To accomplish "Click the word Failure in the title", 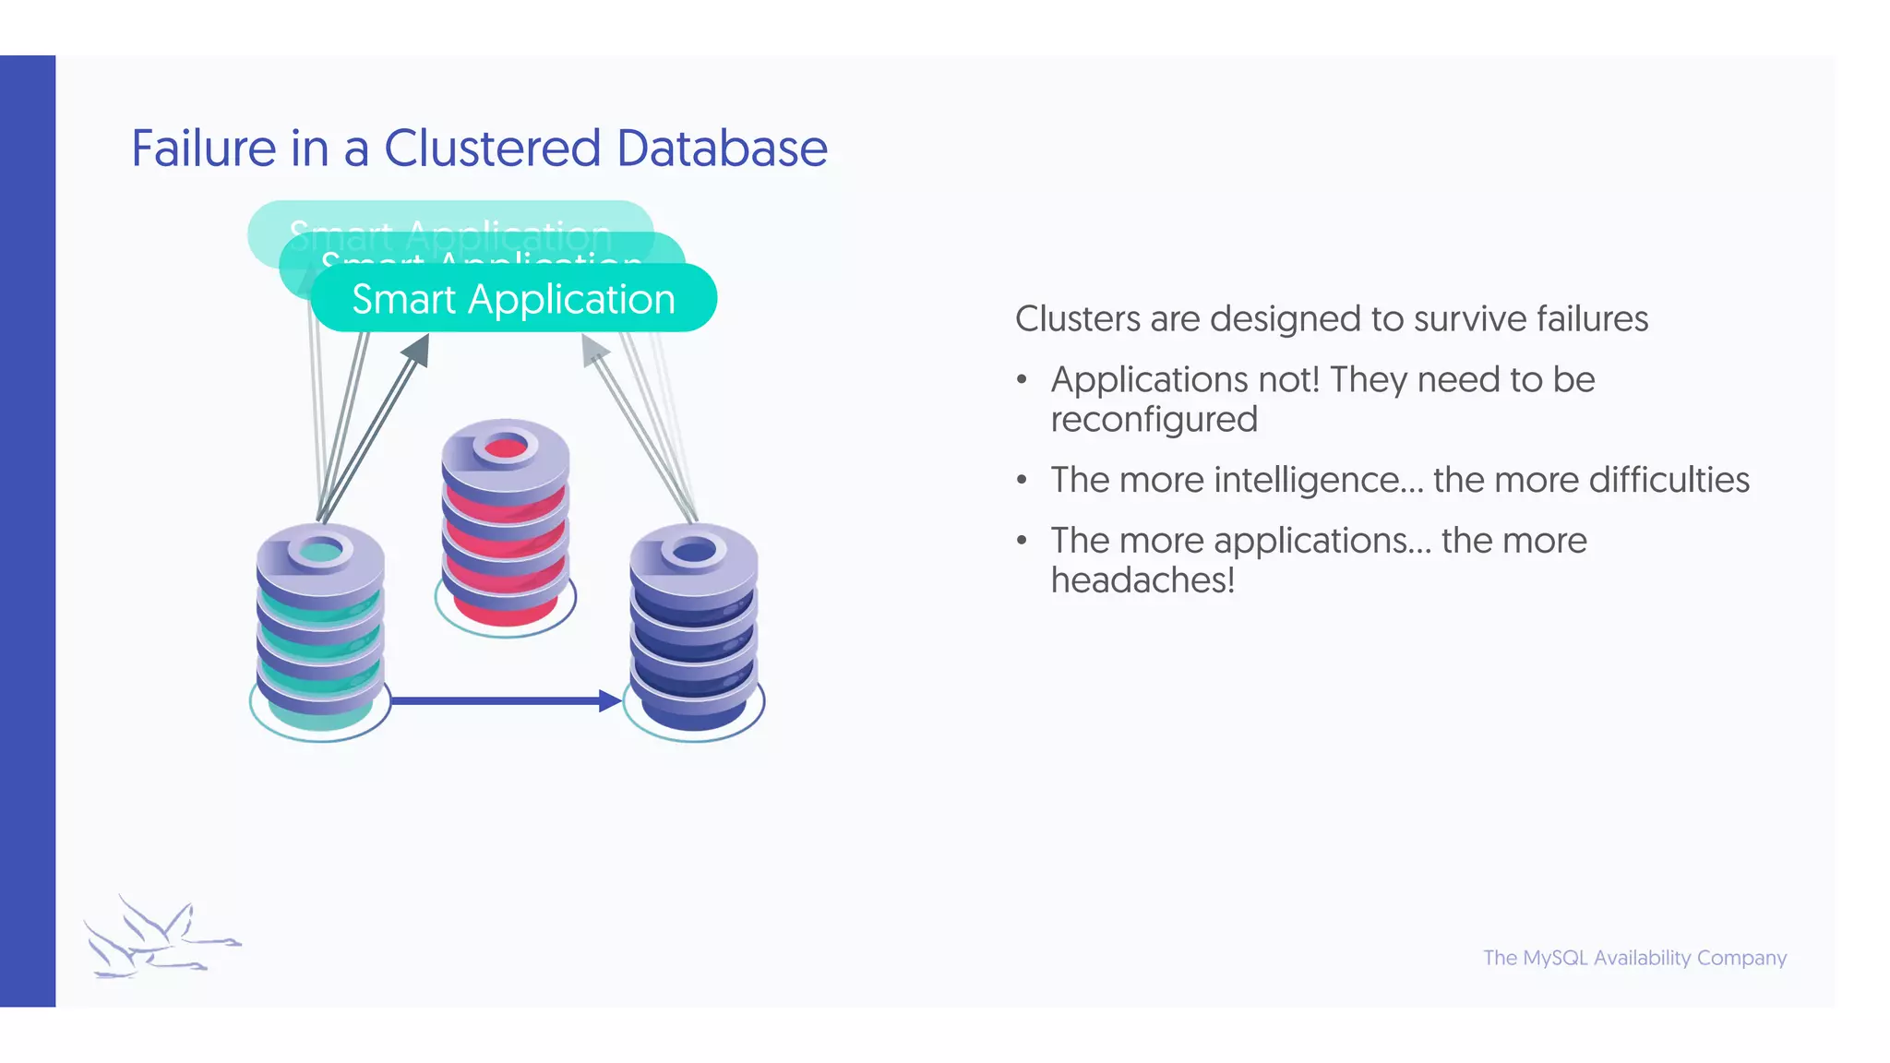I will [x=203, y=149].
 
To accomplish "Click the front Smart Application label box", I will [x=513, y=299].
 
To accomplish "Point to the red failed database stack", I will [x=505, y=535].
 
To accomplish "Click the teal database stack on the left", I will [x=319, y=637].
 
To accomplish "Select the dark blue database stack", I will [x=693, y=637].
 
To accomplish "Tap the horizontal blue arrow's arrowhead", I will [x=609, y=700].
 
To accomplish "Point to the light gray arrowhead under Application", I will [x=593, y=349].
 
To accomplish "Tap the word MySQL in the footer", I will [x=1555, y=958].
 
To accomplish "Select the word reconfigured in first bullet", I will [x=1154, y=420].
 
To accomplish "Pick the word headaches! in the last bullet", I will [x=1142, y=580].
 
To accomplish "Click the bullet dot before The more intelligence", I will [x=1022, y=481].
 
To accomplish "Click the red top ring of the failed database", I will [x=505, y=448].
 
